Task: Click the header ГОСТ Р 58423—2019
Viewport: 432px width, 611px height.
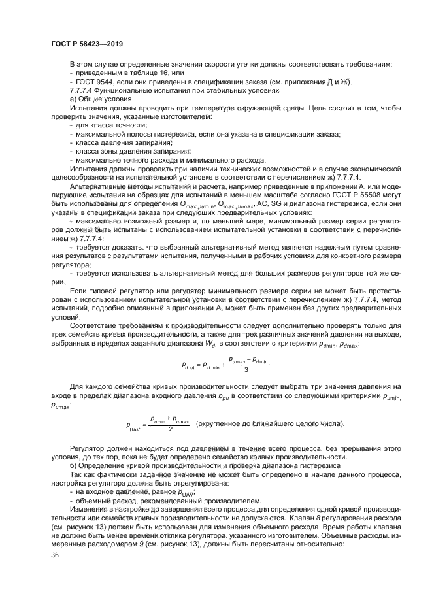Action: pos(87,43)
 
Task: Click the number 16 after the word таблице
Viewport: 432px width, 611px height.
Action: pos(156,73)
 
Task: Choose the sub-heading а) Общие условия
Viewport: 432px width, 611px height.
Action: pos(101,99)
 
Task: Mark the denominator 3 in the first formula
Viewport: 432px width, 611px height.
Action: pos(245,369)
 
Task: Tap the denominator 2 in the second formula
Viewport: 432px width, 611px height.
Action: pos(169,429)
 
